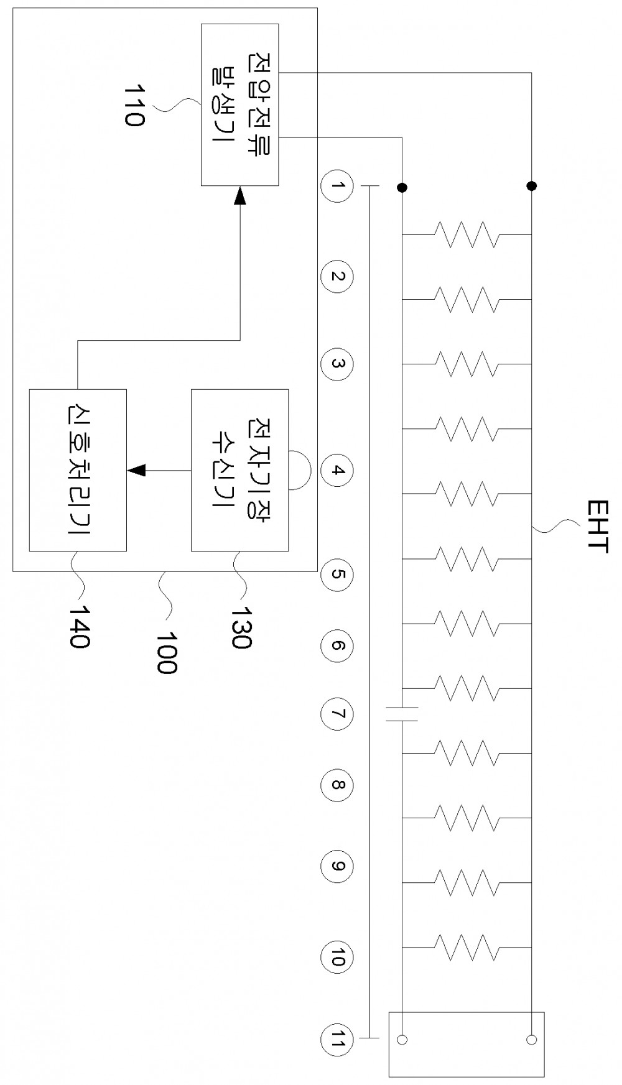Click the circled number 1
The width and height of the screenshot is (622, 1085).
(x=337, y=186)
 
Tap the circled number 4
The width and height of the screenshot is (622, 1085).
(x=337, y=470)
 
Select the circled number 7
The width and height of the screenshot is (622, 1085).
(x=337, y=714)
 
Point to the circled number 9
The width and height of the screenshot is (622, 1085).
(x=337, y=866)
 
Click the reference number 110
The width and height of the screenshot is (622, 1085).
(x=134, y=106)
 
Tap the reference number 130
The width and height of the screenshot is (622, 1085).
(x=241, y=627)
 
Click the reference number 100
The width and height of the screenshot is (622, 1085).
(x=166, y=653)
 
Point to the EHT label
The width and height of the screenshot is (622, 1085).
(x=597, y=526)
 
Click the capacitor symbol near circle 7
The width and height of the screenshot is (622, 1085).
(x=402, y=714)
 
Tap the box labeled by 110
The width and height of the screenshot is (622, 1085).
(x=239, y=104)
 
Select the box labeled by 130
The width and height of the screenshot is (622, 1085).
(x=239, y=470)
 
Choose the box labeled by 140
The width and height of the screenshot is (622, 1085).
(x=78, y=470)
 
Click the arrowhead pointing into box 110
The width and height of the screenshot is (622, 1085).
(x=240, y=195)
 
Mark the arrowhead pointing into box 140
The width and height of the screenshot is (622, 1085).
(x=136, y=470)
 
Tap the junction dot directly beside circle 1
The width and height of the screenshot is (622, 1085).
(x=402, y=186)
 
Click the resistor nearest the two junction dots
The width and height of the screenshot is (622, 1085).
(x=466, y=234)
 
